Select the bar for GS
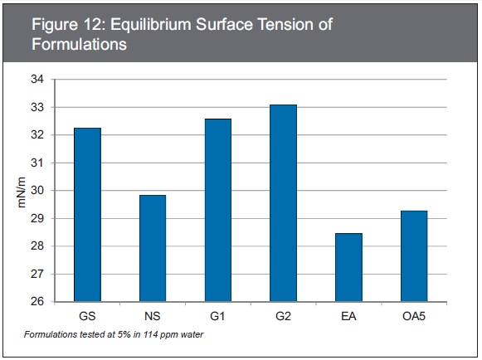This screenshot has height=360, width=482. pyautogui.click(x=88, y=215)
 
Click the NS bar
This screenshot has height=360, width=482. pyautogui.click(x=153, y=248)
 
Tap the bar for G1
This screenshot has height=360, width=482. pyautogui.click(x=218, y=210)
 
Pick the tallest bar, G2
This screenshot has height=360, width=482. pyautogui.click(x=284, y=203)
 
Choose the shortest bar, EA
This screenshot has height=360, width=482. pyautogui.click(x=349, y=267)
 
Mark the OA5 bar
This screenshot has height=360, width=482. pyautogui.click(x=414, y=256)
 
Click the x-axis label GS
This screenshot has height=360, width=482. pyautogui.click(x=88, y=316)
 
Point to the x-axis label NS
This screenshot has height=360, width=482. pyautogui.click(x=153, y=316)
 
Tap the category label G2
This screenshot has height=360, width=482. pyautogui.click(x=283, y=316)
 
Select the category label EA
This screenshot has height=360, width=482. pyautogui.click(x=348, y=316)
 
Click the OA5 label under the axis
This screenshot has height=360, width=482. pyautogui.click(x=414, y=316)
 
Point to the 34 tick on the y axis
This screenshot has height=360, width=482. pyautogui.click(x=37, y=80)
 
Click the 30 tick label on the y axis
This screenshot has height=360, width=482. pyautogui.click(x=37, y=191)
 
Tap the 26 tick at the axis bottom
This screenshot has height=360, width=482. pyautogui.click(x=37, y=301)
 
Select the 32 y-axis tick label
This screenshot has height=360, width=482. pyautogui.click(x=37, y=135)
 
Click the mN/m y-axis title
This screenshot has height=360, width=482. pyautogui.click(x=22, y=192)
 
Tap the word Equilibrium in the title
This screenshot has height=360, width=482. pyautogui.click(x=151, y=25)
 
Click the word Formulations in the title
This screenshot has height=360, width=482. pyautogui.click(x=80, y=44)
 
